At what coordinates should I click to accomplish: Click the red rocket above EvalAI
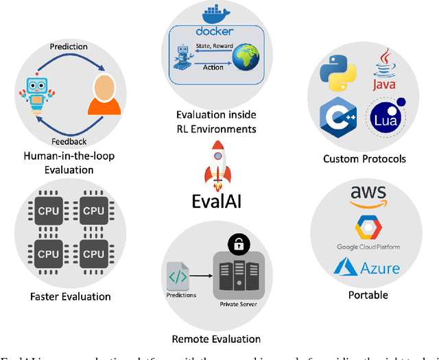click(219, 166)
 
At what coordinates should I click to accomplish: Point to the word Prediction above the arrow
click(69, 47)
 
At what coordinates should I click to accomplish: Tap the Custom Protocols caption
click(364, 159)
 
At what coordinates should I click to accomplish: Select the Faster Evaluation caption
click(71, 297)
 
